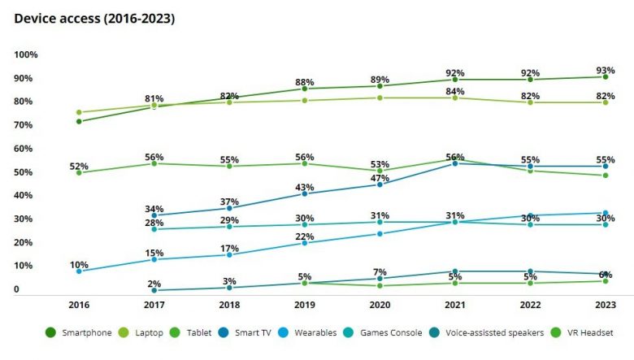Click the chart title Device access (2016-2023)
[x=94, y=17]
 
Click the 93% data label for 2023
[x=605, y=70]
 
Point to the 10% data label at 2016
[x=79, y=265]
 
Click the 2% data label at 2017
[x=154, y=284]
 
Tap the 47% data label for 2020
[x=380, y=178]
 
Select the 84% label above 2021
[x=454, y=90]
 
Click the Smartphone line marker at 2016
[x=79, y=122]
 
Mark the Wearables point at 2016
[x=79, y=271]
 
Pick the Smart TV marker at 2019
[x=304, y=194]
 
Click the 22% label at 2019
[x=304, y=236]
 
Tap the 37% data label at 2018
[x=229, y=202]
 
